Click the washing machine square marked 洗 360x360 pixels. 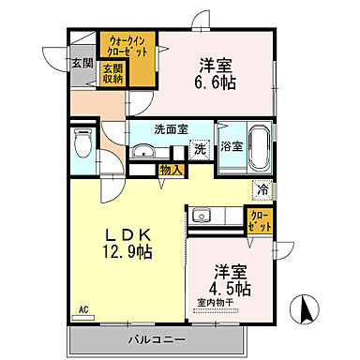point(199,148)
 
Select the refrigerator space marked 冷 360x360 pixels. point(263,187)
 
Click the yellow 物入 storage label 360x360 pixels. point(170,171)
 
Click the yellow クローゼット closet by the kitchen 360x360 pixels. point(260,221)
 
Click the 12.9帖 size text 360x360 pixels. point(127,250)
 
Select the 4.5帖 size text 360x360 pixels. point(231,288)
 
